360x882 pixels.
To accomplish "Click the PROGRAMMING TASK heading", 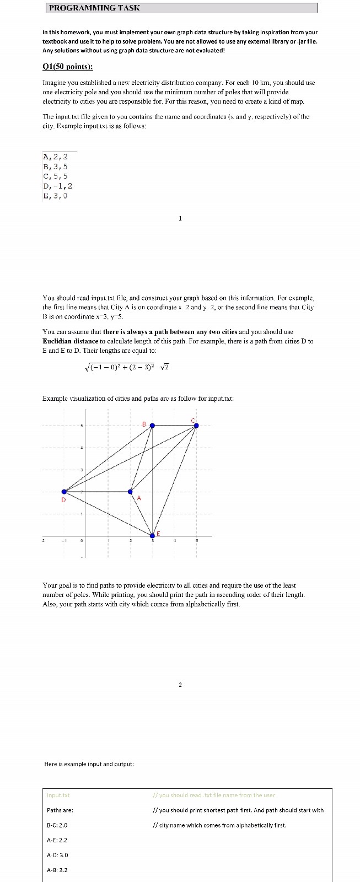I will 94,8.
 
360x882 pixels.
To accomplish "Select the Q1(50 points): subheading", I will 68,67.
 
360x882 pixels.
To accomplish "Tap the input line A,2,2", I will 55,157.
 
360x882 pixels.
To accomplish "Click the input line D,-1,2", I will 57,186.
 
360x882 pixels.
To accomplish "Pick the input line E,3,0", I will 55,196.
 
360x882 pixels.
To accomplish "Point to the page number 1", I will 180,219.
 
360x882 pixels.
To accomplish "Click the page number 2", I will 180,685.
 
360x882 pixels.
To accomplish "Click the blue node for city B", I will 153,425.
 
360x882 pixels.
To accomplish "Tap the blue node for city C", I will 196,425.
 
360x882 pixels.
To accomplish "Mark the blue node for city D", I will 65,491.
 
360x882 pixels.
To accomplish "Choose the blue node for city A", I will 131,491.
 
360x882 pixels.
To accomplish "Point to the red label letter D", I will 63,500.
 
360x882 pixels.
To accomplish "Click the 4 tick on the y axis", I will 82,447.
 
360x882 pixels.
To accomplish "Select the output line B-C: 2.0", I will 57,825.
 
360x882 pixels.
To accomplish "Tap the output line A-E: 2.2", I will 57,840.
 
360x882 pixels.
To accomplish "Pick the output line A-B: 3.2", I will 57,870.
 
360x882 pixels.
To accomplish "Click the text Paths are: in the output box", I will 60,810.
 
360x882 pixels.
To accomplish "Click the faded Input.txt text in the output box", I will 58,795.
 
